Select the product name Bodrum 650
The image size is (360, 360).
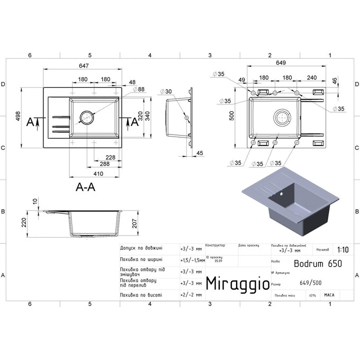(x=317, y=263)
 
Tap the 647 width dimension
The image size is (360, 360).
(x=83, y=65)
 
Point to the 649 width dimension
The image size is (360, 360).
(x=281, y=63)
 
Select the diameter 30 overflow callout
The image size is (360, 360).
(x=168, y=92)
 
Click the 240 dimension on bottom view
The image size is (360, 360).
(x=311, y=78)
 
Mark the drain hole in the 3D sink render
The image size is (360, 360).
(x=282, y=194)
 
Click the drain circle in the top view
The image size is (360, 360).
(x=86, y=118)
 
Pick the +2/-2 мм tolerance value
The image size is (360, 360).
(x=191, y=295)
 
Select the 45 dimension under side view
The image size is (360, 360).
(x=200, y=154)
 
